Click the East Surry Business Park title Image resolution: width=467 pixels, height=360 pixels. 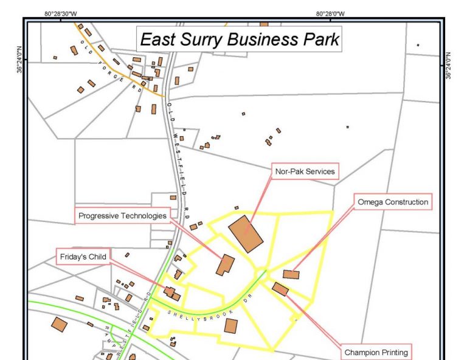(x=240, y=40)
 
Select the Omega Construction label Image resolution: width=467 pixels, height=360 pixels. (x=393, y=202)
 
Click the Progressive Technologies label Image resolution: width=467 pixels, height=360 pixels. (x=122, y=215)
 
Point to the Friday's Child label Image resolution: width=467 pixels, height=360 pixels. (x=83, y=257)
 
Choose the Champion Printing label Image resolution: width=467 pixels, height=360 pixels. (x=376, y=352)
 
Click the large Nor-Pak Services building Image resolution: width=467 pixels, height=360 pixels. (x=246, y=234)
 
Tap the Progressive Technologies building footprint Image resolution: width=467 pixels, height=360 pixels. (x=225, y=265)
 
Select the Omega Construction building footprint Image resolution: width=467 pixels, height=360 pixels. (x=291, y=274)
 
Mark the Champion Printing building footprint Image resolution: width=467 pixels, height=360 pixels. (x=280, y=289)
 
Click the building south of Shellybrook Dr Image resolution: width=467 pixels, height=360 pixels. (x=231, y=325)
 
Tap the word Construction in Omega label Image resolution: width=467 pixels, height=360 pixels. (x=406, y=202)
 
